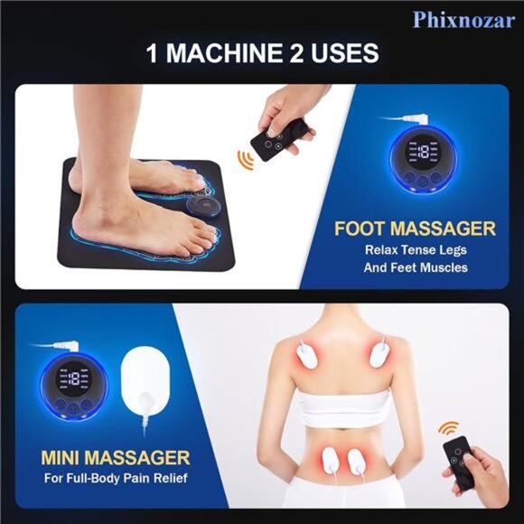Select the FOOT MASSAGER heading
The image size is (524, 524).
[x=415, y=229]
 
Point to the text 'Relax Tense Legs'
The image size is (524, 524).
[x=416, y=249]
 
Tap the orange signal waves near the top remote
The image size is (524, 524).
[x=243, y=159]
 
